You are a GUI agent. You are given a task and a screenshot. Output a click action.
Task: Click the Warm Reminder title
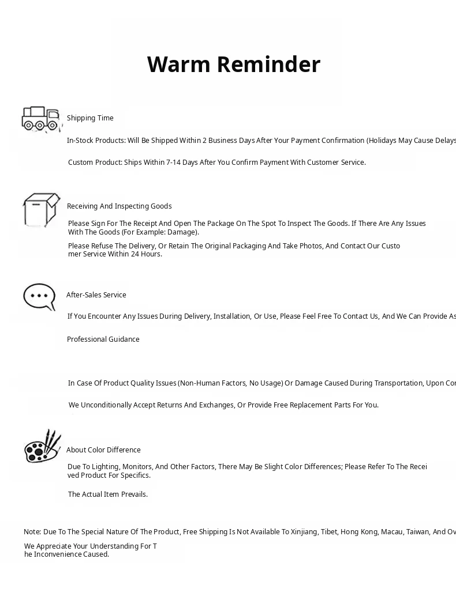(233, 65)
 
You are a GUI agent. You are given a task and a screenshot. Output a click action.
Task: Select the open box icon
(41, 210)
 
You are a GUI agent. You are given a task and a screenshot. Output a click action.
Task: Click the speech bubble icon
(39, 297)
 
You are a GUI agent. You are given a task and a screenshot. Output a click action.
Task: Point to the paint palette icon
(42, 447)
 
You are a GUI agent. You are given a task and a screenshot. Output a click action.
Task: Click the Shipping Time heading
(90, 118)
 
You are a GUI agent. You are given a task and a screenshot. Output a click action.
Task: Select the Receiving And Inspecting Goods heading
(119, 206)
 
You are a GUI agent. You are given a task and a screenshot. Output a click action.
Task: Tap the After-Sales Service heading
(96, 295)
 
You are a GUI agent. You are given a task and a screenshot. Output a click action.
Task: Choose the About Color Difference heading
(103, 450)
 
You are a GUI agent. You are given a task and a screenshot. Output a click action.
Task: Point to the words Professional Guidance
(103, 339)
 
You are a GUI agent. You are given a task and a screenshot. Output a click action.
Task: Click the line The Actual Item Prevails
(107, 494)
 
